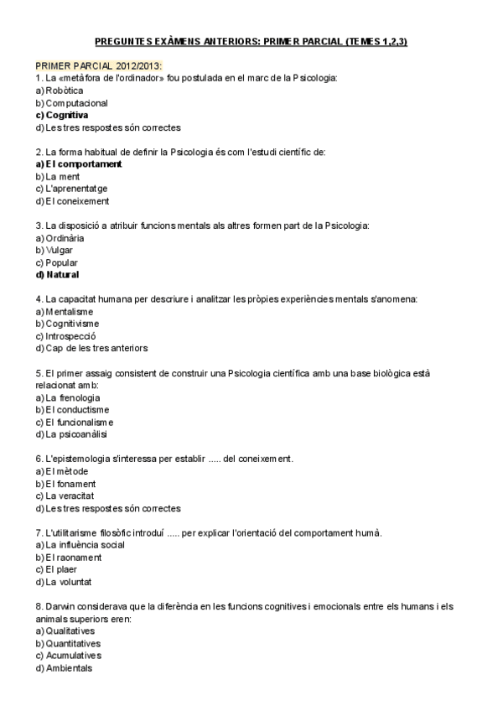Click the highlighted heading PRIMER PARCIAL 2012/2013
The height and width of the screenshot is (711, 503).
(x=99, y=65)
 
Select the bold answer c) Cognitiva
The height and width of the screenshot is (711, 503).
(x=62, y=115)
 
